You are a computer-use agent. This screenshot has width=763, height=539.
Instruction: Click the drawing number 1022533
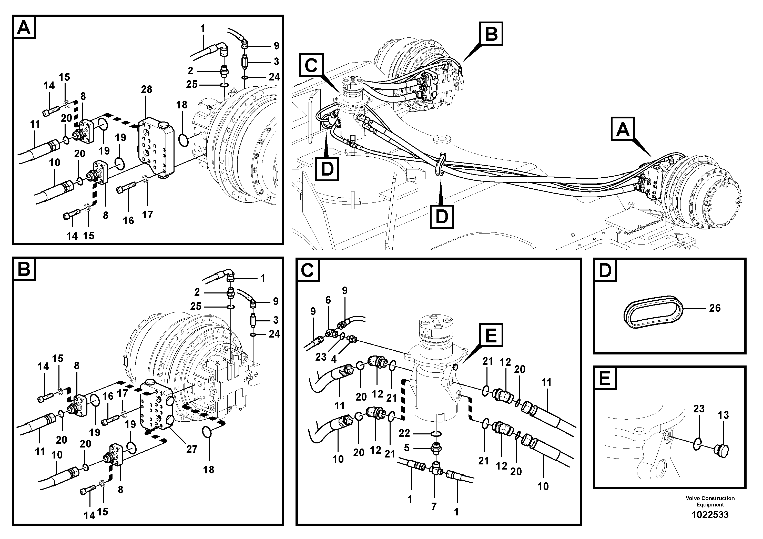tap(710, 515)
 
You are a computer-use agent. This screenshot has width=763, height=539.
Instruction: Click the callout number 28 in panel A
tap(146, 89)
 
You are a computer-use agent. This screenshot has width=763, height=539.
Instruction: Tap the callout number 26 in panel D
tap(715, 308)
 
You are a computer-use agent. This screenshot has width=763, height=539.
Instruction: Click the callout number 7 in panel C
tap(434, 506)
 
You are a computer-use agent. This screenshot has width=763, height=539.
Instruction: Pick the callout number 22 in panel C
tap(404, 433)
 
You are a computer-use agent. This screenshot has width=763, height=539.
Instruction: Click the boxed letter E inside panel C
tap(491, 336)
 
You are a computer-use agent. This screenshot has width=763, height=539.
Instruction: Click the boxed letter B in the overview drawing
tap(491, 34)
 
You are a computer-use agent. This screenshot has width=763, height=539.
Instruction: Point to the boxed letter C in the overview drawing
tap(311, 65)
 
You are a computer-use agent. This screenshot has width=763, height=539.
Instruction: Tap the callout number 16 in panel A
tap(128, 220)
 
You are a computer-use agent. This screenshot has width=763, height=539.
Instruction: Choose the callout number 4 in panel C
tap(334, 359)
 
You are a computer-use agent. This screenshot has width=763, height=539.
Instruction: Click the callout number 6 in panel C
tap(328, 300)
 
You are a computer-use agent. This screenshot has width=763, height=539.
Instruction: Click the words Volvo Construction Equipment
tap(710, 501)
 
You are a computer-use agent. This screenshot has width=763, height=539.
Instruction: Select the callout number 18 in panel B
tap(209, 470)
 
